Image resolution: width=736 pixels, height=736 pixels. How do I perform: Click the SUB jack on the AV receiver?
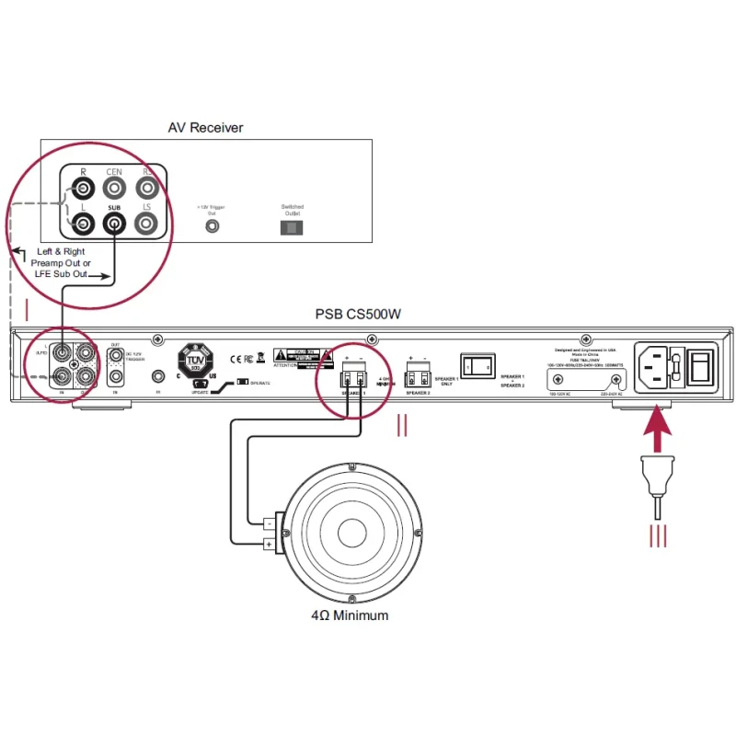coord(114,222)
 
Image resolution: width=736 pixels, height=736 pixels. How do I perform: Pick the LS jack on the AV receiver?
coord(144,222)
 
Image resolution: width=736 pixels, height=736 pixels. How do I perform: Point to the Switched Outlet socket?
coord(291,226)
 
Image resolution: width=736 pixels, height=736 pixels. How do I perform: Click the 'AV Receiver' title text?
coord(205,128)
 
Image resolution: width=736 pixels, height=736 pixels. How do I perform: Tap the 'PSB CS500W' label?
coord(358,314)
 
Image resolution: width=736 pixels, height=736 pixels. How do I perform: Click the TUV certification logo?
coord(195,358)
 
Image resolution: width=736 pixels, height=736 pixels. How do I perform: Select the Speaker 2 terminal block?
coord(417,375)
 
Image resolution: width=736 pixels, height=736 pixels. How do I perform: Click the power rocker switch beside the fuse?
coord(701,364)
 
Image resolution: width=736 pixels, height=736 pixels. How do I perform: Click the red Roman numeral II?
coord(402,426)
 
